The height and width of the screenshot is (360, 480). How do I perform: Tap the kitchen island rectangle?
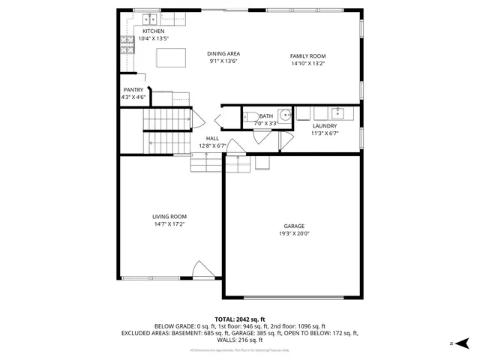(x=171, y=58)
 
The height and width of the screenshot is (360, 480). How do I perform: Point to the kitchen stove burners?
(x=125, y=46)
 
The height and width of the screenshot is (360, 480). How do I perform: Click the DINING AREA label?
(x=223, y=53)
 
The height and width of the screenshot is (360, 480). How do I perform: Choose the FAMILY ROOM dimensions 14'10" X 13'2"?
(x=308, y=64)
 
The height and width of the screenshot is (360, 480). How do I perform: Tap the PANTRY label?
(x=133, y=89)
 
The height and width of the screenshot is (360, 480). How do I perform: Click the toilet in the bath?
(x=248, y=116)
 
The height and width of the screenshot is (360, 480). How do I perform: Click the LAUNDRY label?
(x=325, y=125)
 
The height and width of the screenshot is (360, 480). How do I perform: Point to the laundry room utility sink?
(x=337, y=113)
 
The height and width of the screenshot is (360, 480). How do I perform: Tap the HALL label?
(x=212, y=138)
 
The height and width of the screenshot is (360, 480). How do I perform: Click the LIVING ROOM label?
(x=170, y=216)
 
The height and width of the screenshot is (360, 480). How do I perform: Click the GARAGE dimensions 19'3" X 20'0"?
(x=294, y=233)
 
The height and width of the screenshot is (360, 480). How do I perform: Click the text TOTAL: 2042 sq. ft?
(x=239, y=319)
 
